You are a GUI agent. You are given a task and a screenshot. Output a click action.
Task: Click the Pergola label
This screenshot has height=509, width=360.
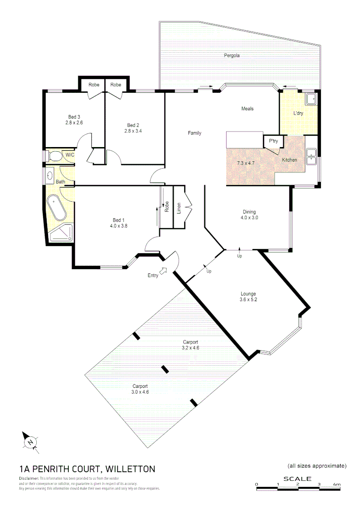pyautogui.click(x=231, y=55)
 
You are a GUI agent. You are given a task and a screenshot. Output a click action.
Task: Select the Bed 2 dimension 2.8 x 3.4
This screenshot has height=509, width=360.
pyautogui.click(x=133, y=131)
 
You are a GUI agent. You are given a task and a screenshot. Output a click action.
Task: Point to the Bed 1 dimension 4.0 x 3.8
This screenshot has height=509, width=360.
pyautogui.click(x=118, y=226)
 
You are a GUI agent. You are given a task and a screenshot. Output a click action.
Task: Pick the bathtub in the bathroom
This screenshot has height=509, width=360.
pyautogui.click(x=58, y=208)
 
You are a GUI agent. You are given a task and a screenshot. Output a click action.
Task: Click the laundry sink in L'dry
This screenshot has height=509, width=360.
pyautogui.click(x=311, y=99)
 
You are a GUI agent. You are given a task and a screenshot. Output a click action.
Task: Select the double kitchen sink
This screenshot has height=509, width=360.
pyautogui.click(x=311, y=156)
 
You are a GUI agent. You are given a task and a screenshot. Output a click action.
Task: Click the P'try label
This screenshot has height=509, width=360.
pyautogui.click(x=273, y=141)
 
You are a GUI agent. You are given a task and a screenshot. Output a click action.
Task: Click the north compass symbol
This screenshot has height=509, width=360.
pyautogui.click(x=30, y=441)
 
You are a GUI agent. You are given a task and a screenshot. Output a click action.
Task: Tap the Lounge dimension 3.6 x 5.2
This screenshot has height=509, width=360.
pyautogui.click(x=248, y=299)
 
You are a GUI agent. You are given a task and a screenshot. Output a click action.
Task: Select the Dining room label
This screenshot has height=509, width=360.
pyautogui.click(x=249, y=212)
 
